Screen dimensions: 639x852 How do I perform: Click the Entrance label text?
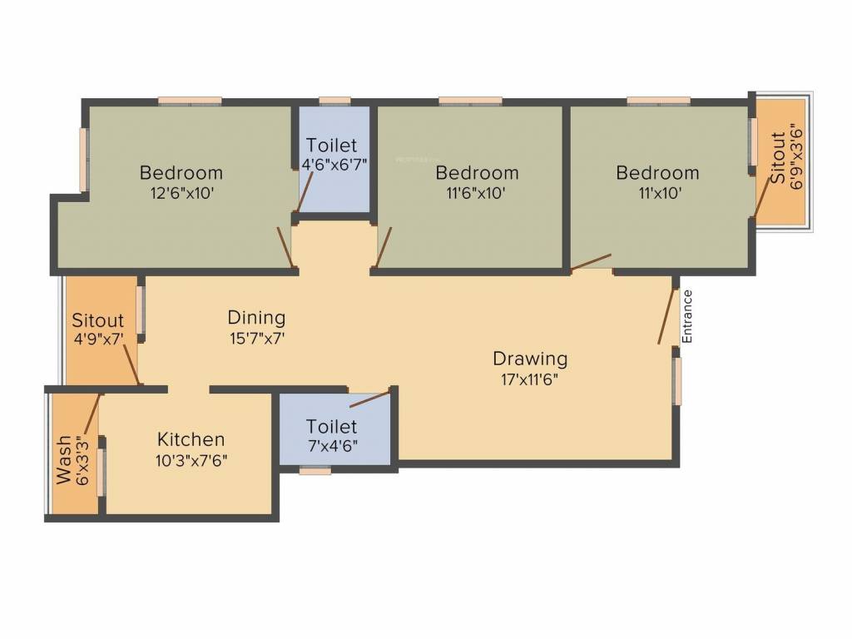(687, 316)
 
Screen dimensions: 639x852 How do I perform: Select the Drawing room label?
(530, 359)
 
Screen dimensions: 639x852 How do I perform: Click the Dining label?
(256, 317)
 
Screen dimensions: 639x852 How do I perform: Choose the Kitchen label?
(191, 439)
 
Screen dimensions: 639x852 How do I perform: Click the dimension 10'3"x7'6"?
(191, 459)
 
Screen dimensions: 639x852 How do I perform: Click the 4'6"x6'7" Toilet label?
(332, 144)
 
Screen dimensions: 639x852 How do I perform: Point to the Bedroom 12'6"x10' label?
(181, 173)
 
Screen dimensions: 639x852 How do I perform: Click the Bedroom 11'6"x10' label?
(477, 173)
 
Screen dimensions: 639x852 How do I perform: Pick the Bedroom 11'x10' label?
(657, 173)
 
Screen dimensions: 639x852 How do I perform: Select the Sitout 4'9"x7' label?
(97, 320)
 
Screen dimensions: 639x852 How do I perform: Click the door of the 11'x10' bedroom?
(592, 263)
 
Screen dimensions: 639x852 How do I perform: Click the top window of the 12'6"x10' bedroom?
(191, 101)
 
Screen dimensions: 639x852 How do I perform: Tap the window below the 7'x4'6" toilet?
(315, 471)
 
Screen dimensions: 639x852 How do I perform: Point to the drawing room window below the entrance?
(677, 381)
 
